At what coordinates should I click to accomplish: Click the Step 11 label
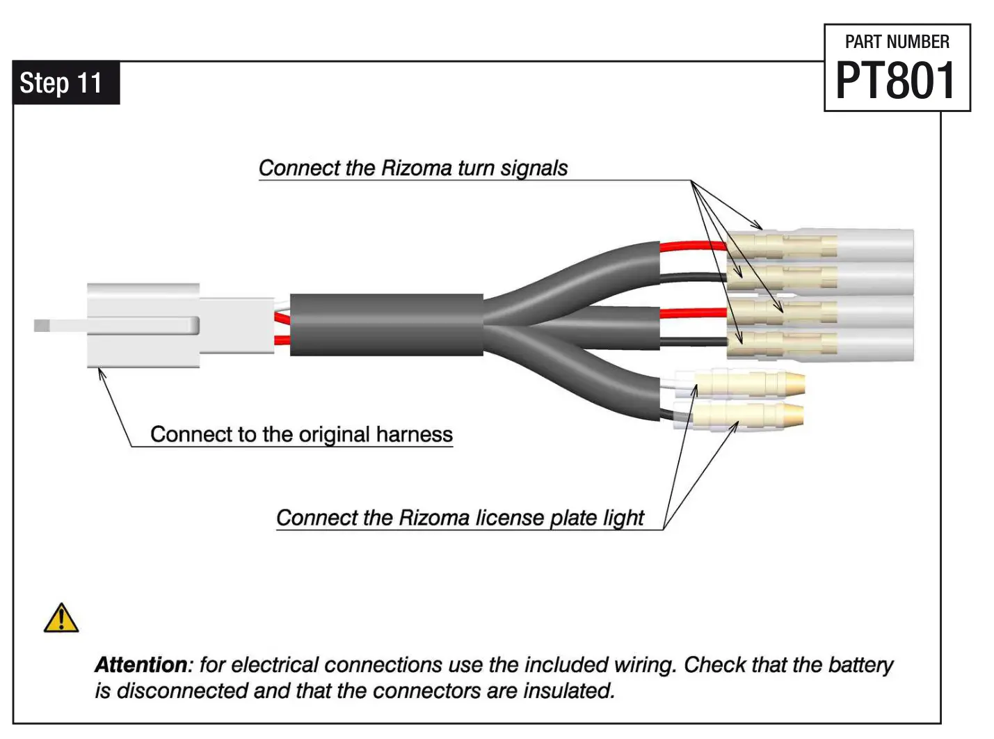pyautogui.click(x=61, y=83)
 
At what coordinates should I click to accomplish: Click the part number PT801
pyautogui.click(x=896, y=81)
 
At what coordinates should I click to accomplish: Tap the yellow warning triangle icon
pyautogui.click(x=61, y=618)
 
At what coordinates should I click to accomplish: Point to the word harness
pyautogui.click(x=414, y=434)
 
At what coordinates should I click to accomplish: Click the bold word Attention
pyautogui.click(x=141, y=665)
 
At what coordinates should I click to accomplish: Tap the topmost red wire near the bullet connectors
pyautogui.click(x=691, y=246)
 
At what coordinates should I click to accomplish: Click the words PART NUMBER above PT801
pyautogui.click(x=897, y=42)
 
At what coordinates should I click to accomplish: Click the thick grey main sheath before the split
pyautogui.click(x=386, y=325)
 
